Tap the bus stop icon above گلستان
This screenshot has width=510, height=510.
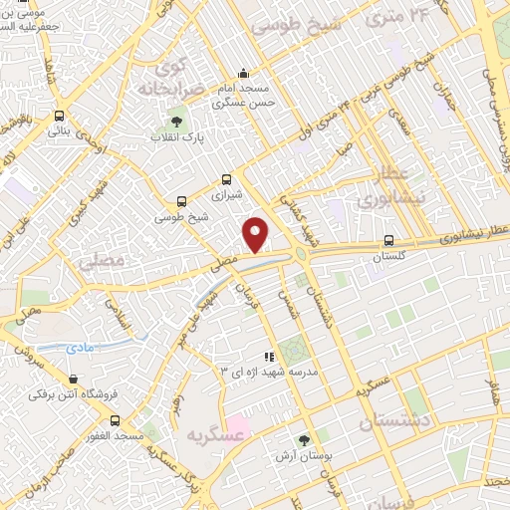388,240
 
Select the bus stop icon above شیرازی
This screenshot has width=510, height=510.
227,180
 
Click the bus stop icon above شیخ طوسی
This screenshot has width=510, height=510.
180,200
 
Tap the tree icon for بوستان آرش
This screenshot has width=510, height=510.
304,439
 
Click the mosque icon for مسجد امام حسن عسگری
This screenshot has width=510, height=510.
244,73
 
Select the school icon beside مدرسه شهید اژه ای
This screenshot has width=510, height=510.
268,356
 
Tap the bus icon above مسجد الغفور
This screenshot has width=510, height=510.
116,420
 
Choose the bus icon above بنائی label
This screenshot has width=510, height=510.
60,116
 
